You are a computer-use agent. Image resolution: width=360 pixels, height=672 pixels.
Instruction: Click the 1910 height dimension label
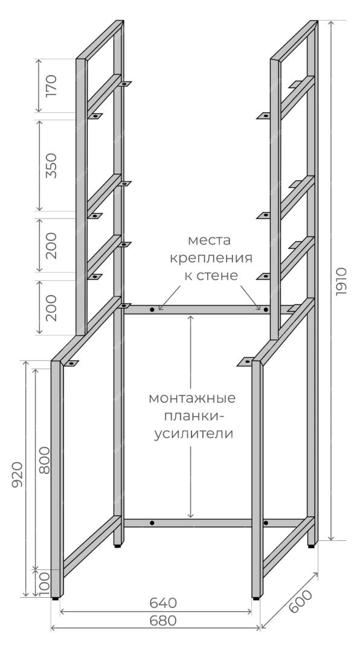tap(341, 281)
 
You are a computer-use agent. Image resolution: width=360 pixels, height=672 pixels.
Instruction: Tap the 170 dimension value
tap(51, 86)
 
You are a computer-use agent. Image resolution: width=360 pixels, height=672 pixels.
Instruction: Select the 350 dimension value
tap(51, 165)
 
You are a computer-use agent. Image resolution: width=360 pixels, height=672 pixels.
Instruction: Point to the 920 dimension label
tap(17, 475)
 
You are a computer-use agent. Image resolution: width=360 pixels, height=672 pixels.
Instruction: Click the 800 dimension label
tap(44, 460)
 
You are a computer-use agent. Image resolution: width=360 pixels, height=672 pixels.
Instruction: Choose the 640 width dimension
tap(163, 603)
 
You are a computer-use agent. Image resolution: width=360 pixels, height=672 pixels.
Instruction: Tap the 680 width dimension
tap(163, 620)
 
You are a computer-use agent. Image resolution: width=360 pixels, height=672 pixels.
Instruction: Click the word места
tap(209, 240)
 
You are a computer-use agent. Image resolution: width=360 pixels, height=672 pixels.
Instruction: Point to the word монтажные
tap(192, 398)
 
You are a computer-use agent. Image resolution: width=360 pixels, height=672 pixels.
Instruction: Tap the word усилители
tap(194, 434)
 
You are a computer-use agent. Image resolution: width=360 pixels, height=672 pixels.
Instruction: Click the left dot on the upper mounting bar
tap(152, 309)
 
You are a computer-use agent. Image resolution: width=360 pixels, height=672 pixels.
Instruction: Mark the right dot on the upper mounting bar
tap(266, 309)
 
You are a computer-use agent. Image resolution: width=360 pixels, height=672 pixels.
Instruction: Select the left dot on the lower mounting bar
tap(152, 523)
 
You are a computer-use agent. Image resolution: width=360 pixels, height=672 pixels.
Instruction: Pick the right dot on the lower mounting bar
tap(266, 523)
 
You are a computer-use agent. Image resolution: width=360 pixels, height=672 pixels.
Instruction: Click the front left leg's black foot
tap(56, 597)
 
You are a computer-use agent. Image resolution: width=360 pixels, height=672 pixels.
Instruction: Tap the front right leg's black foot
tap(256, 597)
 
